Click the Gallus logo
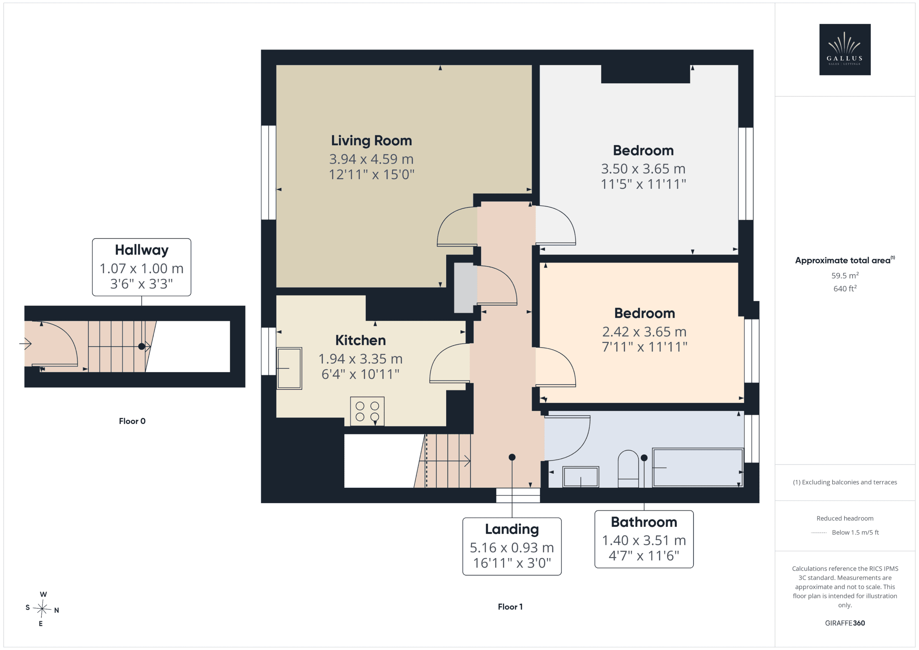pyautogui.click(x=845, y=49)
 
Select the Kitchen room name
pyautogui.click(x=360, y=340)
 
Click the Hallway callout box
pyautogui.click(x=141, y=267)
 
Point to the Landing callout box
pyautogui.click(x=512, y=546)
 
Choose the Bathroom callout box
pyautogui.click(x=644, y=539)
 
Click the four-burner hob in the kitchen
pyautogui.click(x=367, y=411)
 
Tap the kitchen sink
pyautogui.click(x=289, y=368)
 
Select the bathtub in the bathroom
pyautogui.click(x=698, y=467)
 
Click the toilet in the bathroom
pyautogui.click(x=629, y=469)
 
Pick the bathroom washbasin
pyautogui.click(x=581, y=477)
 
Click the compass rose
pyautogui.click(x=42, y=609)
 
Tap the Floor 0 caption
pyautogui.click(x=132, y=421)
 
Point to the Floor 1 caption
pyautogui.click(x=510, y=607)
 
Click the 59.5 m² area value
pyautogui.click(x=845, y=275)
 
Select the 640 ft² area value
pyautogui.click(x=845, y=288)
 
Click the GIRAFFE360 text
pyautogui.click(x=845, y=623)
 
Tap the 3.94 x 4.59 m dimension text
pyautogui.click(x=371, y=159)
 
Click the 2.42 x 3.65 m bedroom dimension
pyautogui.click(x=644, y=331)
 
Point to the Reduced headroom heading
pyautogui.click(x=845, y=518)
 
